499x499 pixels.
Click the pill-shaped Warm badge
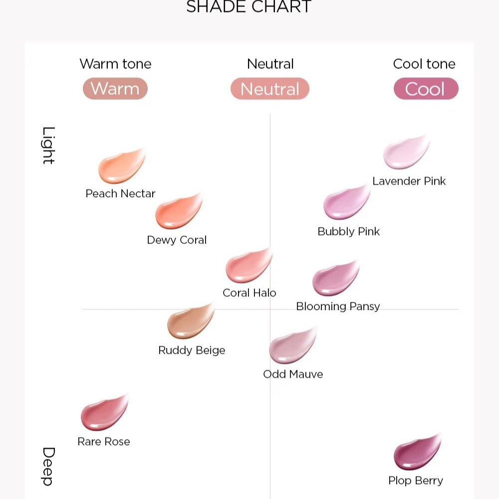coord(115,89)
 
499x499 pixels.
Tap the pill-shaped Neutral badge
coord(270,89)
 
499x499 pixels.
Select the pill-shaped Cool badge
coord(426,89)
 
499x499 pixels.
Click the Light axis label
coord(48,145)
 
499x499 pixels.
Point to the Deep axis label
coord(48,466)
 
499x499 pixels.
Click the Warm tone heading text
coord(115,64)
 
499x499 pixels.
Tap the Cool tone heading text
coord(424,64)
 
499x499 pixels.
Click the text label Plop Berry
coord(416,481)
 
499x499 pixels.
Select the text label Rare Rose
coord(104,442)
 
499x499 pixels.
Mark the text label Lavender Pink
coord(409,181)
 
